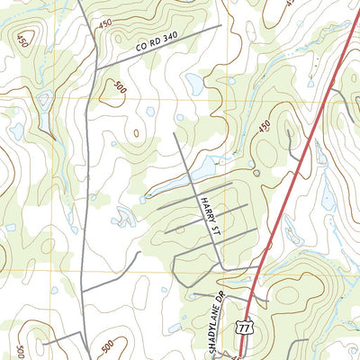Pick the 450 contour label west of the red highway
[264, 128]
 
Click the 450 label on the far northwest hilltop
[22, 40]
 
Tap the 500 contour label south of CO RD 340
[117, 87]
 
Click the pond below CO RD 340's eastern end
[194, 83]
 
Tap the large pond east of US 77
[319, 155]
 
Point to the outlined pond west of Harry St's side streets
[122, 214]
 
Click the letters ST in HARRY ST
[215, 230]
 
